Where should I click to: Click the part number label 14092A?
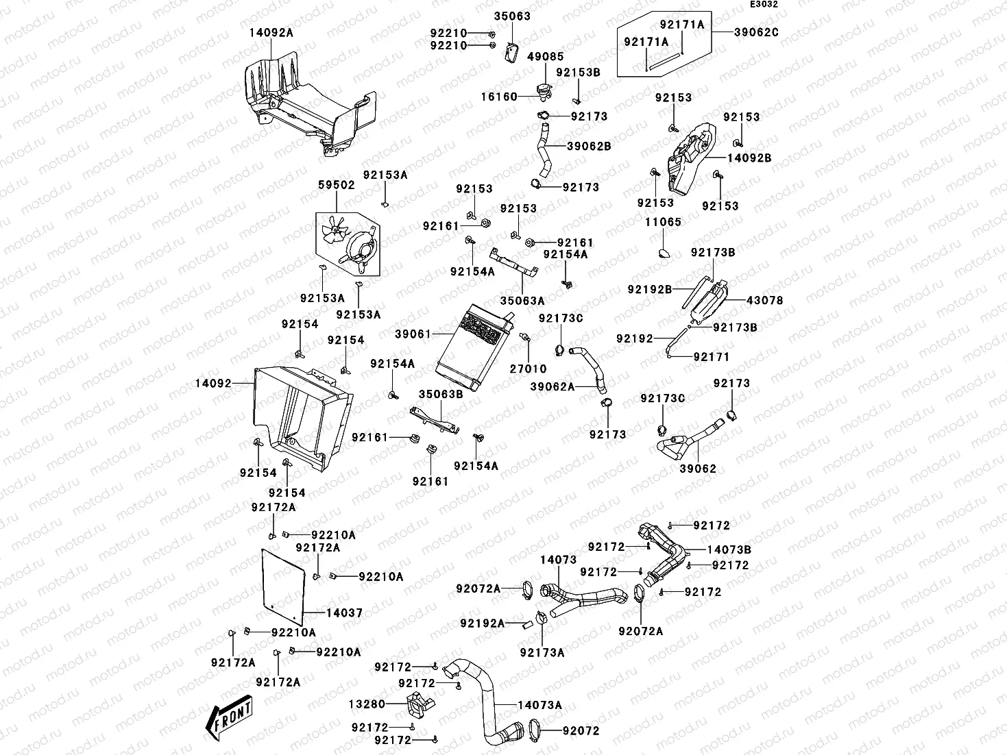click(x=271, y=32)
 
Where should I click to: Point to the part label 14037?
click(x=345, y=613)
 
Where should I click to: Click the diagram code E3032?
click(x=764, y=5)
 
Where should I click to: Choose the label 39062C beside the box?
click(x=757, y=32)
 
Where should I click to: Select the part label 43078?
click(x=764, y=300)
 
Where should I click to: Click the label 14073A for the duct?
click(x=539, y=704)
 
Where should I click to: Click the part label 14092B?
click(x=749, y=158)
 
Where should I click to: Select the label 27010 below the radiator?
click(x=528, y=369)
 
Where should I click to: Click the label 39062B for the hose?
click(x=589, y=146)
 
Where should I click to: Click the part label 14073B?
click(x=729, y=549)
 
